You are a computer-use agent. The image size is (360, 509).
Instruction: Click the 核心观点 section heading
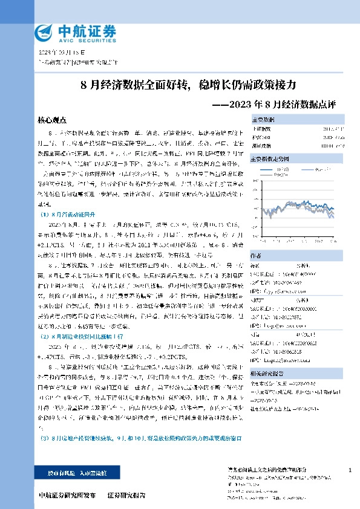[51, 120]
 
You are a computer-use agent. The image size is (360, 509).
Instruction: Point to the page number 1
[350, 470]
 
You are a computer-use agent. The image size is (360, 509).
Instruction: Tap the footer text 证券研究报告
[127, 495]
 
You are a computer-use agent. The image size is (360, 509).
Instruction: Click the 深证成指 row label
[261, 146]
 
